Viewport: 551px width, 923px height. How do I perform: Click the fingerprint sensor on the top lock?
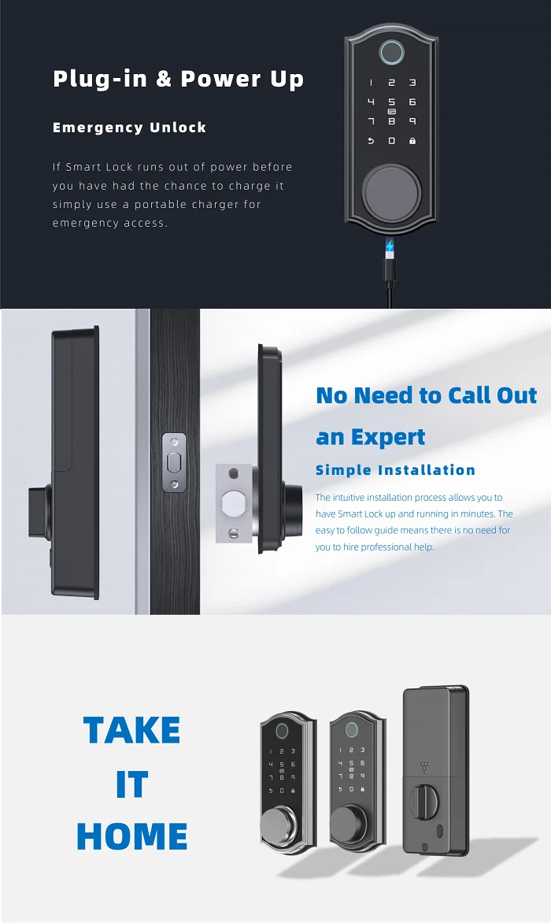coord(391,53)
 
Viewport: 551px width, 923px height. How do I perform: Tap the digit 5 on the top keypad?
coord(391,102)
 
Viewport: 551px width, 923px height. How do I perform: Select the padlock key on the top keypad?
coord(412,141)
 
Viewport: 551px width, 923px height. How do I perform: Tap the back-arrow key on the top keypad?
coord(371,141)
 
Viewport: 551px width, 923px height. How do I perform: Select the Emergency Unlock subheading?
coord(129,128)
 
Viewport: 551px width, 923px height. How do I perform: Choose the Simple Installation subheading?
coord(395,470)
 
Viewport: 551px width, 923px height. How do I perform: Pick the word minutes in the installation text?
coord(472,513)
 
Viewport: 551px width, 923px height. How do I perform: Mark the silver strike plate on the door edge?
coord(175,462)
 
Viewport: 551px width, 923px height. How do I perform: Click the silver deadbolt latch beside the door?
coord(234,503)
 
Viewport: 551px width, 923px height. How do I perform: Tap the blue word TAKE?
coord(131,730)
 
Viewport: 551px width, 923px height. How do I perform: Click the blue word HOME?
coord(131,836)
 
